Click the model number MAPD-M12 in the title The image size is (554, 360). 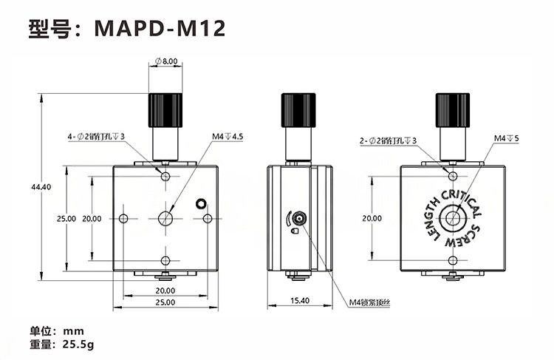(160, 28)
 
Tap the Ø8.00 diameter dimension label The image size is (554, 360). (166, 61)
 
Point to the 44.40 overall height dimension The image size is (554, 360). (41, 187)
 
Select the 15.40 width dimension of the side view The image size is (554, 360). (300, 301)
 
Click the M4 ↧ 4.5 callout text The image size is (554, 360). (228, 137)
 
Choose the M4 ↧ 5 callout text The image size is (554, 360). (506, 138)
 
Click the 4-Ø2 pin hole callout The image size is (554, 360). (96, 137)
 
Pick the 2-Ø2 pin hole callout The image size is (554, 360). (388, 140)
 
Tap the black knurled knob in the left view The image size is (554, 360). (165, 110)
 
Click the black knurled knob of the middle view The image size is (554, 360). (298, 110)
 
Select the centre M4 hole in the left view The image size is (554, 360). (165, 219)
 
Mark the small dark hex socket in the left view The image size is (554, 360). (201, 203)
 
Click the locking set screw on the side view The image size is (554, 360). (299, 219)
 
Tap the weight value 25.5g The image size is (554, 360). (78, 344)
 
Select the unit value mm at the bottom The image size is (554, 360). (73, 331)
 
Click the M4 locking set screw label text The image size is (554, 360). (369, 303)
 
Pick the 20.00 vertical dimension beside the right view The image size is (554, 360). (372, 219)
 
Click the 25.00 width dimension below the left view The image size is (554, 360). (165, 302)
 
